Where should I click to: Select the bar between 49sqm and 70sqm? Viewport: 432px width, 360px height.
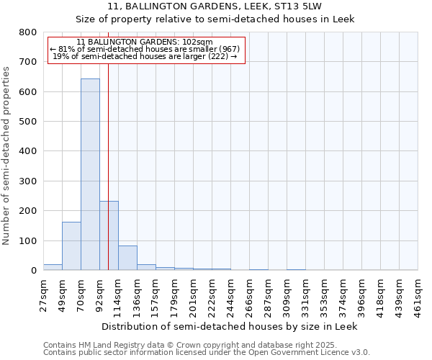pyautogui.click(x=71, y=246)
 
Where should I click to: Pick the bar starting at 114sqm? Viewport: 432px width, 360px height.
pyautogui.click(x=127, y=258)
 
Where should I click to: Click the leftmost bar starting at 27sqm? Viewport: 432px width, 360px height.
pyautogui.click(x=53, y=267)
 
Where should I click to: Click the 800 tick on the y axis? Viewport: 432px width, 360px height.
pyautogui.click(x=27, y=33)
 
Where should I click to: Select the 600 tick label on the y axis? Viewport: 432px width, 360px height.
pyautogui.click(x=27, y=92)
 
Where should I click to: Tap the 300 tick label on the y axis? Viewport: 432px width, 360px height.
pyautogui.click(x=27, y=181)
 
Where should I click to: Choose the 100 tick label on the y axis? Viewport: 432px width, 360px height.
pyautogui.click(x=27, y=241)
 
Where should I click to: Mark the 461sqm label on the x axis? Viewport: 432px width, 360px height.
pyautogui.click(x=418, y=295)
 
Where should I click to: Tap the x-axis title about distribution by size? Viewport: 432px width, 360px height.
pyautogui.click(x=230, y=326)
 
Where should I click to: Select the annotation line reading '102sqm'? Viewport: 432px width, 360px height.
pyautogui.click(x=144, y=42)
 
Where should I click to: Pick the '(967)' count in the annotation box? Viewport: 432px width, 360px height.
pyautogui.click(x=225, y=49)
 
